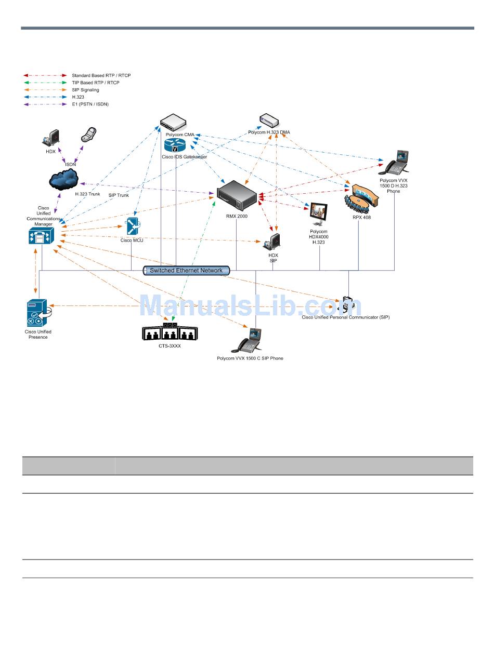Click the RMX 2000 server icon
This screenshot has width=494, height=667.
(x=237, y=195)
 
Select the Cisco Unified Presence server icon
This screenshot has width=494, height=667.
(x=37, y=313)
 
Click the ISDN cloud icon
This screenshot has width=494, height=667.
(x=64, y=179)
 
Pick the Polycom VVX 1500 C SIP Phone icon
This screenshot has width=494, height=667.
(x=250, y=341)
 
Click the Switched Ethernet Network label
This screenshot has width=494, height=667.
(x=186, y=270)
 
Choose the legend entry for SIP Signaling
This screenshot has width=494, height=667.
(x=85, y=90)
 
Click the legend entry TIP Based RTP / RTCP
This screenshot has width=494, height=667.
(x=95, y=83)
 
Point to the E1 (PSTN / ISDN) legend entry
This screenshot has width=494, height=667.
(x=90, y=104)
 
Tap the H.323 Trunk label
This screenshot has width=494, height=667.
(x=87, y=194)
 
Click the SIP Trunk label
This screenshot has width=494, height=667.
(x=119, y=195)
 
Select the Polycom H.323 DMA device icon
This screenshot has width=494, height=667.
(x=269, y=121)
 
